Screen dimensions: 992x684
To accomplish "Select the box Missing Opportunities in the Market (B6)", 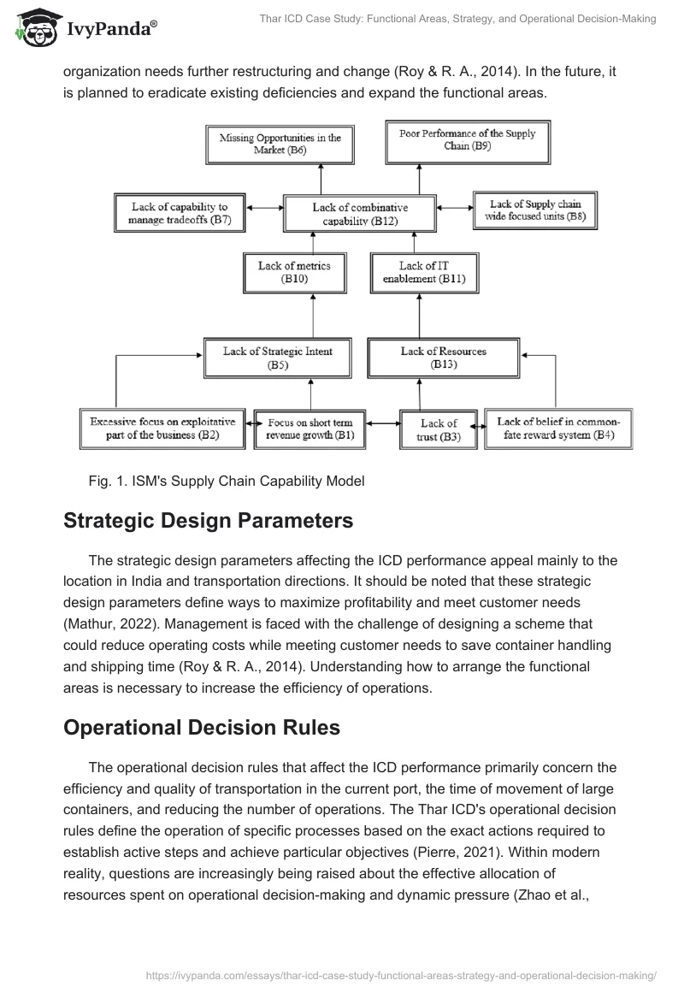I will [280, 144].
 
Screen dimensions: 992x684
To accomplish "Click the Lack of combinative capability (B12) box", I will [360, 214].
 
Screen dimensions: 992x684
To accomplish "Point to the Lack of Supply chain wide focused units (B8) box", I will [536, 210].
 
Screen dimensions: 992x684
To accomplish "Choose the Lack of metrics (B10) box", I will [293, 272].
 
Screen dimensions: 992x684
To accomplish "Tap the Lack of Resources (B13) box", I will [444, 357].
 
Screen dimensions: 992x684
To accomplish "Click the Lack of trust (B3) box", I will [439, 429].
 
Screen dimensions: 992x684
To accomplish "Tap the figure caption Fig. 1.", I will [226, 481].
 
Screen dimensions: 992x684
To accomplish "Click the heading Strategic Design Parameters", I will [208, 522].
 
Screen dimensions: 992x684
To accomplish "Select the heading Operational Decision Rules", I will [201, 728].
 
